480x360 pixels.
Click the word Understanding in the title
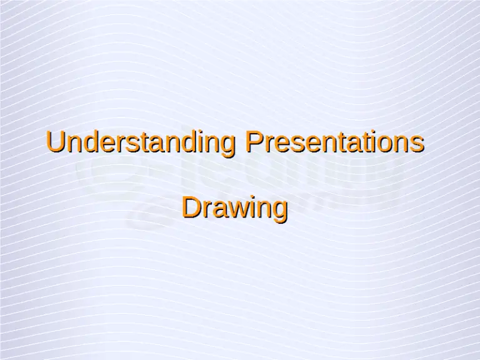pos(142,142)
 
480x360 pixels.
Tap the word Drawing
pos(234,208)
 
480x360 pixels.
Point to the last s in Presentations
pos(418,144)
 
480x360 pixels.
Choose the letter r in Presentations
pos(267,144)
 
